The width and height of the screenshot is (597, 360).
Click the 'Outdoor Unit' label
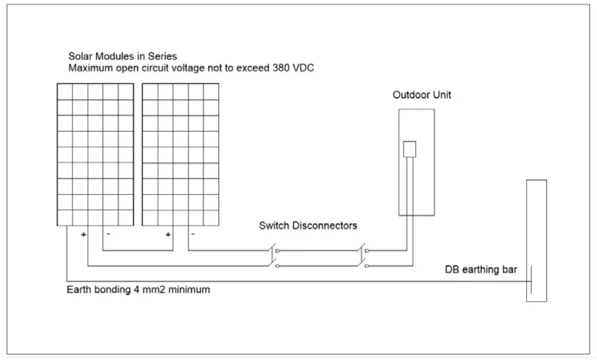pyautogui.click(x=421, y=95)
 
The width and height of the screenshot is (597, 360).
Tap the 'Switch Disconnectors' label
pyautogui.click(x=308, y=226)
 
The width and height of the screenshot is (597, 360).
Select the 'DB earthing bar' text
pyautogui.click(x=480, y=270)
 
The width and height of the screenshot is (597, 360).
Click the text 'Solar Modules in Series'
pyautogui.click(x=122, y=56)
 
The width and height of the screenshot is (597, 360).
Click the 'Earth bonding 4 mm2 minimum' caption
pyautogui.click(x=138, y=290)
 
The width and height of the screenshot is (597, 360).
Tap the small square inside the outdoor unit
pyautogui.click(x=409, y=149)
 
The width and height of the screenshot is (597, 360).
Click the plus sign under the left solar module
pyautogui.click(x=84, y=234)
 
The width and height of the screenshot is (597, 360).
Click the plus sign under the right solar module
pyautogui.click(x=168, y=234)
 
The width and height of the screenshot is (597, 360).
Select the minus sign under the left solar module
pyautogui.click(x=108, y=234)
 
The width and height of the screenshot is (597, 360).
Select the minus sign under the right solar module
pyautogui.click(x=193, y=234)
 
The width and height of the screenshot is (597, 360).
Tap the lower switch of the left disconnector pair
pyautogui.click(x=273, y=265)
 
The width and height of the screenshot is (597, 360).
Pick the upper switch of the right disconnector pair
pyautogui.click(x=364, y=250)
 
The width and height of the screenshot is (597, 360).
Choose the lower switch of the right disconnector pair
pyautogui.click(x=364, y=265)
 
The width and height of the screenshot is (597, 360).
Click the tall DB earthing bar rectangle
pyautogui.click(x=536, y=240)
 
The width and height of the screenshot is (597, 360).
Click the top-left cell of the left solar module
pyautogui.click(x=65, y=91)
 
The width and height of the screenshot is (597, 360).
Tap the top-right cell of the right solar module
pyautogui.click(x=211, y=91)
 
